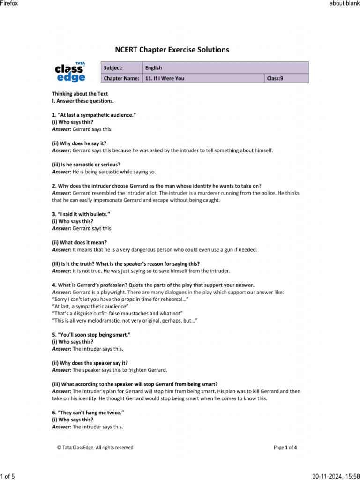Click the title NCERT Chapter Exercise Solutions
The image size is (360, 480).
coord(172,50)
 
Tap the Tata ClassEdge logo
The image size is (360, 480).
coord(70,72)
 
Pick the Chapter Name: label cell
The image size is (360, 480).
coord(121,78)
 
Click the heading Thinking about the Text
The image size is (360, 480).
coord(80,94)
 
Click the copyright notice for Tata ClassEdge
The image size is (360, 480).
coord(95,447)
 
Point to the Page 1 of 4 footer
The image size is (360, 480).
coord(285,447)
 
